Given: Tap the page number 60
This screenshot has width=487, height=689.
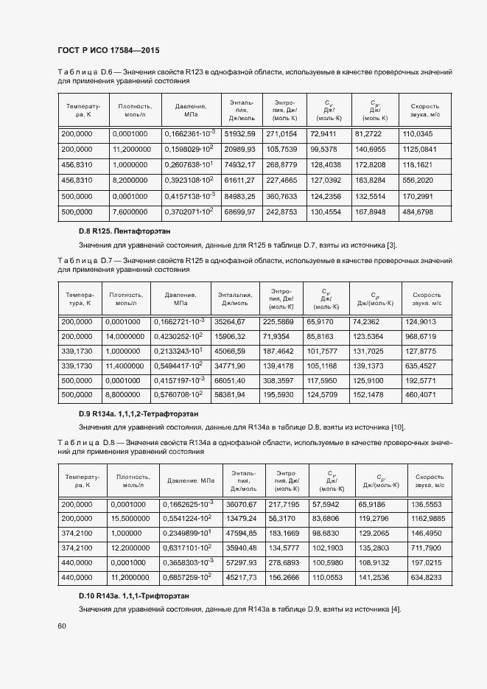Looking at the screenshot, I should point(62,626).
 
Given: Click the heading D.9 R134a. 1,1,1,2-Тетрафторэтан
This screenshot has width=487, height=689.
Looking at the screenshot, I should point(144,414).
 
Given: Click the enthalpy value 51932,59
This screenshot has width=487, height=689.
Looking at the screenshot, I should point(239,134).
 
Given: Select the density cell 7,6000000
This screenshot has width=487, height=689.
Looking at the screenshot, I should point(132,211).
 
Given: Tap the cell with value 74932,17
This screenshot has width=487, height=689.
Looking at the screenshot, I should point(239,165).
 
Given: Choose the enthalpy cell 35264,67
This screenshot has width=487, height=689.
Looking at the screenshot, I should point(229,321).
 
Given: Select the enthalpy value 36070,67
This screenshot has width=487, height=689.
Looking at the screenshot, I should point(240,504).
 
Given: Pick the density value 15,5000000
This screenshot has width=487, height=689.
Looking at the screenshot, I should point(132,519).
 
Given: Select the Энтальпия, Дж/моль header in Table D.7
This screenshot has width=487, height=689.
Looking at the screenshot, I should point(236,298).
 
